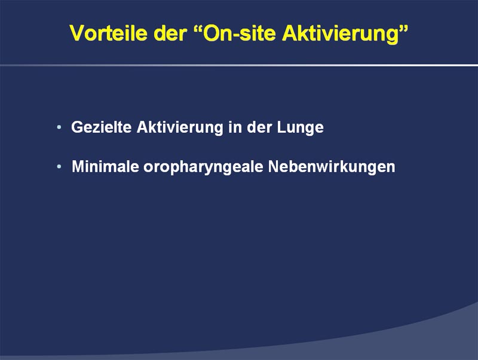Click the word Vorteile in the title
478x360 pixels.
(109, 33)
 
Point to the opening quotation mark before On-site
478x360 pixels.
(198, 28)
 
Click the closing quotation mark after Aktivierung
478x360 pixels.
(403, 28)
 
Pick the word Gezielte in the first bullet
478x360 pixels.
(101, 127)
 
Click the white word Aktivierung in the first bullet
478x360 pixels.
(180, 128)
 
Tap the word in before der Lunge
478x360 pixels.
(235, 127)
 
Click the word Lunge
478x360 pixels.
(301, 128)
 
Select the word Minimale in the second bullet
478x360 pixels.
(105, 166)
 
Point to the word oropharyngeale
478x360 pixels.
(203, 167)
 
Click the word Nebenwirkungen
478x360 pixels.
(332, 167)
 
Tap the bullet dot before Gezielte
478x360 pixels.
(59, 127)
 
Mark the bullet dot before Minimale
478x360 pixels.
(59, 167)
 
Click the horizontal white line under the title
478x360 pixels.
(239, 65)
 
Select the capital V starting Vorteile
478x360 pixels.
(76, 33)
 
